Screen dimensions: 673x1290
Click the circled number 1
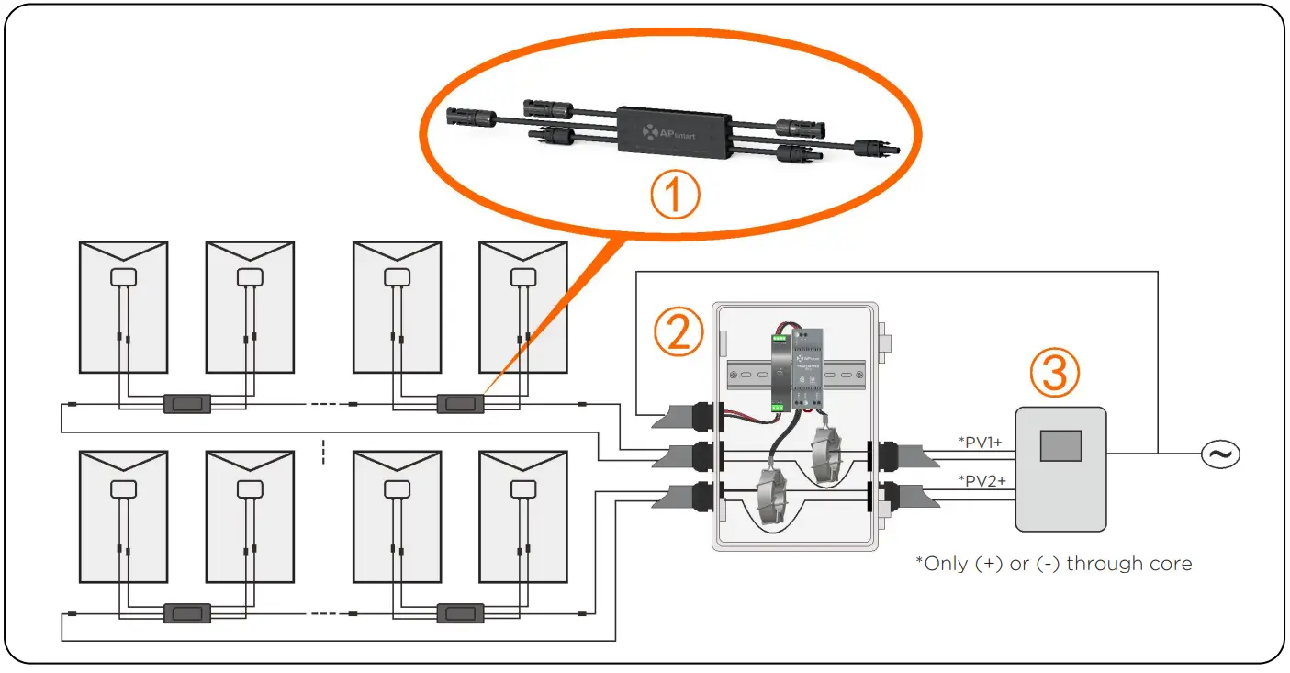(x=675, y=195)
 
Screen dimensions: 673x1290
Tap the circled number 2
(x=678, y=333)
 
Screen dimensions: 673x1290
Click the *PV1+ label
(x=981, y=443)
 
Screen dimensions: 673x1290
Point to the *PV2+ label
(x=981, y=480)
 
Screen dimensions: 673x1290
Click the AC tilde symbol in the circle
(x=1221, y=454)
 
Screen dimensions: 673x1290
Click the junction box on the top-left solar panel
(x=123, y=276)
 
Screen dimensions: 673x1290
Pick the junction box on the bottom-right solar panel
(x=522, y=488)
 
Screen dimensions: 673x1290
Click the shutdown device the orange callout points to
(x=460, y=403)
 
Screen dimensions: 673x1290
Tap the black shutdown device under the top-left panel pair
(x=186, y=403)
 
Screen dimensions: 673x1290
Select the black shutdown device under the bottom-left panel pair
(x=186, y=612)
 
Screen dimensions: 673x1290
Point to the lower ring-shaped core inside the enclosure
(x=774, y=497)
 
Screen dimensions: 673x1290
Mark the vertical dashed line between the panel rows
(x=323, y=453)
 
